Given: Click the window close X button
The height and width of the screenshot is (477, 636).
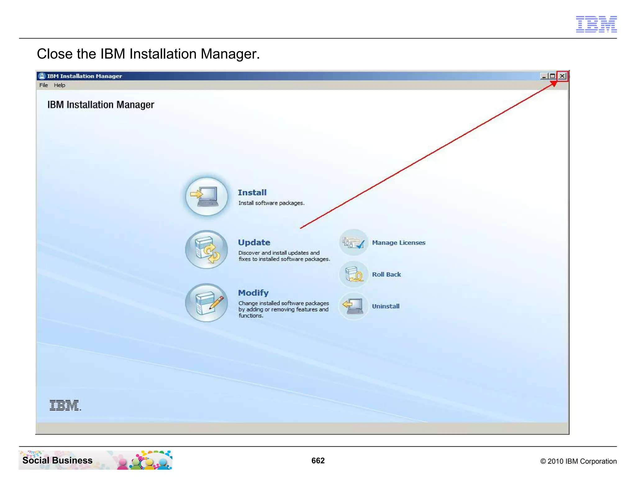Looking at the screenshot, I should (x=562, y=76).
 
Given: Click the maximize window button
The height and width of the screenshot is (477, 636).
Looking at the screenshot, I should (x=552, y=76).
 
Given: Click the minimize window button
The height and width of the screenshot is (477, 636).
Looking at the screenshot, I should (x=544, y=76).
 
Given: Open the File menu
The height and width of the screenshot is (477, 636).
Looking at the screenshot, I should (x=43, y=85).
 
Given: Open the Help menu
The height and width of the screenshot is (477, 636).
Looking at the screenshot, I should (x=59, y=85).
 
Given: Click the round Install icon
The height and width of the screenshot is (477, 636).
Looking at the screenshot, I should (x=207, y=196).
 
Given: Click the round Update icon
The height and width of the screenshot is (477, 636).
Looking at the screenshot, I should (x=207, y=249).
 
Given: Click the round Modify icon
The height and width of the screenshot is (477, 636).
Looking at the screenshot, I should (x=207, y=302).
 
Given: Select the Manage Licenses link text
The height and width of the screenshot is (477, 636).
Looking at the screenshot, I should (x=398, y=243).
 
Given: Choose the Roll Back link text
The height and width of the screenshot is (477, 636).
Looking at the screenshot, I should (x=386, y=275).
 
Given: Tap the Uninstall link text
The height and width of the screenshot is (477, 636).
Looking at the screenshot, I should (x=386, y=306).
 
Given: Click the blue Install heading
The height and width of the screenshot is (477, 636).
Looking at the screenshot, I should (x=252, y=193).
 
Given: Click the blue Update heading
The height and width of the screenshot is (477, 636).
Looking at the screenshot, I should (x=254, y=243).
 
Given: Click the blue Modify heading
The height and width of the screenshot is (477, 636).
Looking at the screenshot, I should (x=253, y=293).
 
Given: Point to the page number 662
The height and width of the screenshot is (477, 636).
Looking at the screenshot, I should (x=318, y=461).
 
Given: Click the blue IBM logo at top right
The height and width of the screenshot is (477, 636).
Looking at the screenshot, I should (x=596, y=24).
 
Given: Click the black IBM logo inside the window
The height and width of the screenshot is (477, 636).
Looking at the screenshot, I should (x=65, y=405).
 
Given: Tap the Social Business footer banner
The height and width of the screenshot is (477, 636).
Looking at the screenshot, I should (x=95, y=460).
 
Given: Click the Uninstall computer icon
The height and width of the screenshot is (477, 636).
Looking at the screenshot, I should (x=353, y=306).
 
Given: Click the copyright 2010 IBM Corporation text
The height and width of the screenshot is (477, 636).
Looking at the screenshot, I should (x=578, y=461).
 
